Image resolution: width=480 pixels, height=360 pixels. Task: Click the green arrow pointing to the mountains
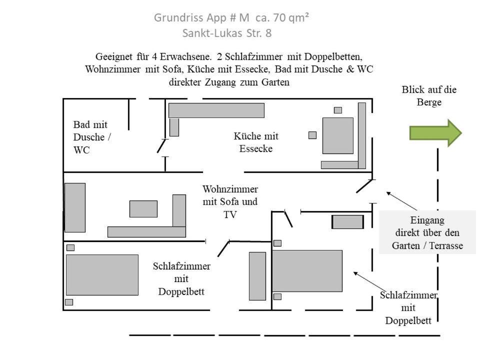point(435,133)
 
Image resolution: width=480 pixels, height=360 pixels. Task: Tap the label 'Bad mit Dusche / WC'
point(90,137)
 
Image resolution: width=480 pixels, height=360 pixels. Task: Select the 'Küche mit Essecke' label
point(256,142)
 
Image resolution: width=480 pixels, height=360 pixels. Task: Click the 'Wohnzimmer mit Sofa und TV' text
point(230,201)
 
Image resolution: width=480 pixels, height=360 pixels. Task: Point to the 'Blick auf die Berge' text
point(429,95)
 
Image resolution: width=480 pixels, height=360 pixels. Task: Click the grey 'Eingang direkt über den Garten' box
point(427,232)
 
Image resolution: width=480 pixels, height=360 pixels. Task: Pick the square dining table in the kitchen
point(337,135)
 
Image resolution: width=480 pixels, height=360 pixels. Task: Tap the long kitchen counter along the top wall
point(216,110)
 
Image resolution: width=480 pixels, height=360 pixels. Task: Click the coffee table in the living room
point(143,208)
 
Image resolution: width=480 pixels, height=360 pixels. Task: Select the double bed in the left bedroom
point(102,274)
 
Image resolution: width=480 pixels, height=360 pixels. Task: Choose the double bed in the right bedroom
point(307,270)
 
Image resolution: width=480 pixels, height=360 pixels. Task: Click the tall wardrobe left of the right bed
point(257,275)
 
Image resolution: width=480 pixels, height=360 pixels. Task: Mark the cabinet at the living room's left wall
point(75,207)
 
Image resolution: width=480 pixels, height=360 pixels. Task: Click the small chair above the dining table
point(338,110)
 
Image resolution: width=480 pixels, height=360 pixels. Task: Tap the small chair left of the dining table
point(312,135)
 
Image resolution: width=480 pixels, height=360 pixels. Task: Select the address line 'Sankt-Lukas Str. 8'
point(227,33)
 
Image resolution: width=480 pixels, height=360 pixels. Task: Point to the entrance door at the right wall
point(364,186)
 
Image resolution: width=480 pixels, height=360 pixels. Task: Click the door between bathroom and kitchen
point(161,146)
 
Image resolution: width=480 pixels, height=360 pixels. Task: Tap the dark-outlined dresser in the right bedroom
point(347,221)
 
